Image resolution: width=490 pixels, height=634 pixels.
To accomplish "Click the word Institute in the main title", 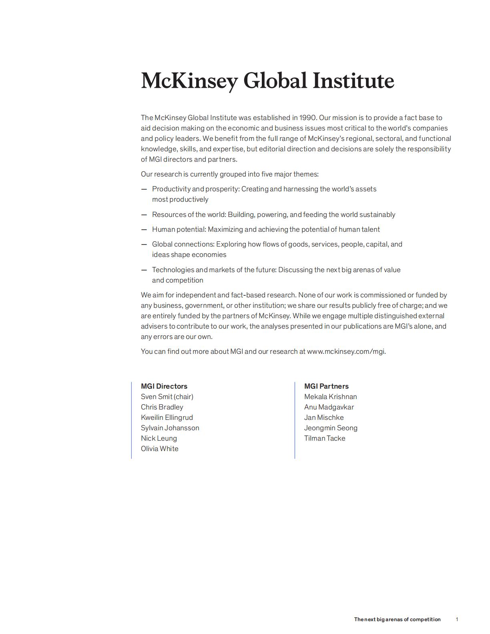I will (353, 81).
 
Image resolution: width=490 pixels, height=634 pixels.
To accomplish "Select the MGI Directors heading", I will (164, 386).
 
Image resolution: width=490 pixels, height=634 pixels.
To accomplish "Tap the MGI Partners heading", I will (326, 386).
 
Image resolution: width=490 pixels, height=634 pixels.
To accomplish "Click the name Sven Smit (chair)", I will (167, 397).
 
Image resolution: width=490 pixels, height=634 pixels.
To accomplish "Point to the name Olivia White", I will (160, 449).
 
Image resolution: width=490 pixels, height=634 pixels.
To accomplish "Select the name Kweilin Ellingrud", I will (167, 417).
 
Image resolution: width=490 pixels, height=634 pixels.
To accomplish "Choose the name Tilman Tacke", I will (325, 438).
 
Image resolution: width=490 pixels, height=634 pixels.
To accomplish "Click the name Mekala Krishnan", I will (331, 397).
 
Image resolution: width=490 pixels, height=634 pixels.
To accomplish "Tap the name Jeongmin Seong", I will (331, 428).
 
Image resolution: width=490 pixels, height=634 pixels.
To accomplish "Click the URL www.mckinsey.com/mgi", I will (346, 351).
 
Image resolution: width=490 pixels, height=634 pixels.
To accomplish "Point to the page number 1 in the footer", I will (457, 619).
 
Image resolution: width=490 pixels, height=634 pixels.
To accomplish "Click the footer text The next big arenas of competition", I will (397, 619).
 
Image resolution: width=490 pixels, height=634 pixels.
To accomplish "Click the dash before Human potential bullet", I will (144, 230).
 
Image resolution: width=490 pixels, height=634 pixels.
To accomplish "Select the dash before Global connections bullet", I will (144, 245).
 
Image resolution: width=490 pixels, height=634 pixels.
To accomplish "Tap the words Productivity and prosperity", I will (195, 189).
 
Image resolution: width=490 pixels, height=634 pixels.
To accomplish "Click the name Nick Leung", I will (159, 438).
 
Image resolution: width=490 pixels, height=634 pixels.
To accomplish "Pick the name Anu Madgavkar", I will (329, 407).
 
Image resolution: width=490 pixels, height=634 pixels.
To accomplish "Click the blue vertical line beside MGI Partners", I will (295, 420).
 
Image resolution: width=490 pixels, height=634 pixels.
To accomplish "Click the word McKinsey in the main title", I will (189, 81).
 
